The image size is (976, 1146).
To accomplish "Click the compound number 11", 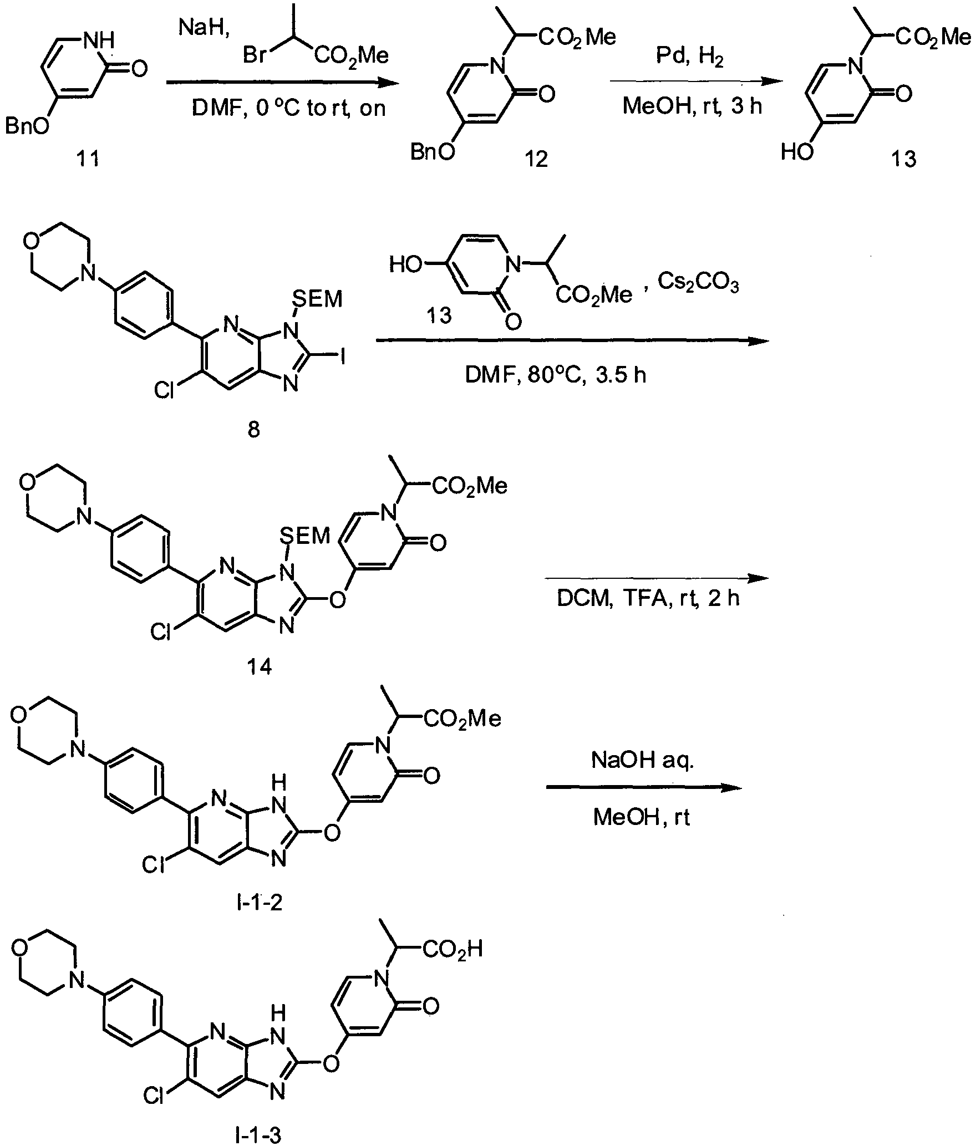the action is click(x=88, y=159).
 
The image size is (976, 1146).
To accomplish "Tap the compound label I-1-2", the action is click(x=259, y=903).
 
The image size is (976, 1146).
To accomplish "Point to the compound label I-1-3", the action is click(x=258, y=1136).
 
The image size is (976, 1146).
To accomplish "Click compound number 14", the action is click(x=260, y=667).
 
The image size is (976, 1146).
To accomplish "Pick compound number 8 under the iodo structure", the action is click(x=253, y=430).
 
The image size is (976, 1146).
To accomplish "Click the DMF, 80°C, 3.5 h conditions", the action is click(x=555, y=375).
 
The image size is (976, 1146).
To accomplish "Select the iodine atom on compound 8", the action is click(x=343, y=358).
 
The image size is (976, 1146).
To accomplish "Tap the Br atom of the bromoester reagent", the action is click(x=255, y=55).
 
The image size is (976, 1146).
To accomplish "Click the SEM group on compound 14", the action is click(x=305, y=535).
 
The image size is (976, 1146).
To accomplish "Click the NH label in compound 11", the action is click(x=103, y=40).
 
